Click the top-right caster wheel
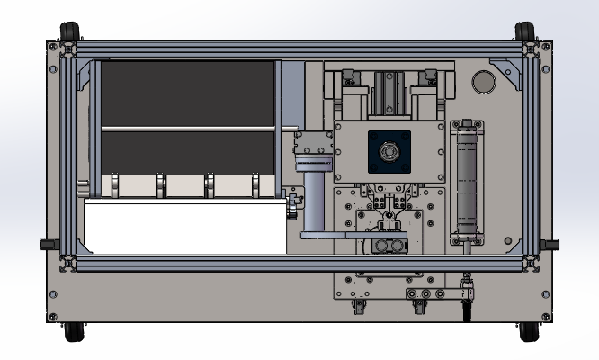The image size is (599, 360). (526, 31)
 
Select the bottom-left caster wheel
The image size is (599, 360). (72, 332)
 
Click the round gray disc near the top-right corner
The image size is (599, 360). (484, 83)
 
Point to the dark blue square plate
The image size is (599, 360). (389, 153)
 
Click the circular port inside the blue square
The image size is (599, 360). (389, 153)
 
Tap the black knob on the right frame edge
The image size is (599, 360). (550, 245)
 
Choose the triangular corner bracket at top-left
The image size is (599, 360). (86, 75)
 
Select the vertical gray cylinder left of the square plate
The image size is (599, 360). (314, 202)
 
